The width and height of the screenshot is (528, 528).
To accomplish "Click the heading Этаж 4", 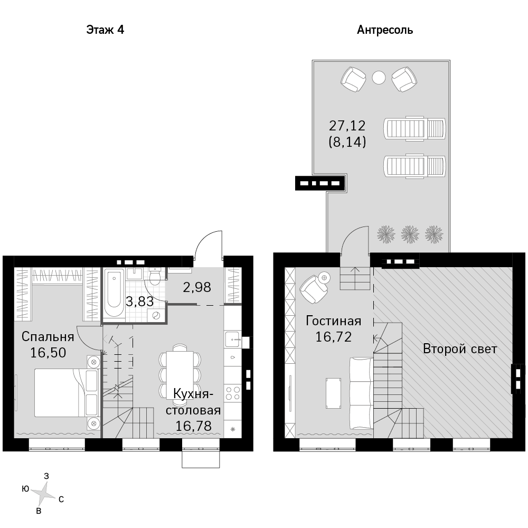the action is click(105, 30).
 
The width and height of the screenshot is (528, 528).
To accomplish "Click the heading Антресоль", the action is click(385, 30).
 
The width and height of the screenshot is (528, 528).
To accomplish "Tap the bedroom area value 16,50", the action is click(48, 353).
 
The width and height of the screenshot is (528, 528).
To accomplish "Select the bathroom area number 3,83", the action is click(140, 301).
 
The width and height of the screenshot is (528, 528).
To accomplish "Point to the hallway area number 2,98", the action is click(197, 287).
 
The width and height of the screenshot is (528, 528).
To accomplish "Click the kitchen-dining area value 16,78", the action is click(194, 426).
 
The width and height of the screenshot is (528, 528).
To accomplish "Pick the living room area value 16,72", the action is click(333, 337).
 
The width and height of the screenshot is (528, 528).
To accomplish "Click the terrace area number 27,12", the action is click(347, 126).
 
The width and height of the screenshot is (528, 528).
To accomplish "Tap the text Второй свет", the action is click(460, 349).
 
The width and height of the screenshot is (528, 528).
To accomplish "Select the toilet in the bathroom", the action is click(155, 277).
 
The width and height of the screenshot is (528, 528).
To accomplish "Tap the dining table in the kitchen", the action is click(180, 375).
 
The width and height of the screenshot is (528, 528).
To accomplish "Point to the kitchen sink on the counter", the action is click(233, 340).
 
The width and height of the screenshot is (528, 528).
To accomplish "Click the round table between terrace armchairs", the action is click(379, 78).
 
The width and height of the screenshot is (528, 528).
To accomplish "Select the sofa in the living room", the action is click(361, 393).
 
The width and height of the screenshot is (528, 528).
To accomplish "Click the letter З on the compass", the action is click(46, 476).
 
